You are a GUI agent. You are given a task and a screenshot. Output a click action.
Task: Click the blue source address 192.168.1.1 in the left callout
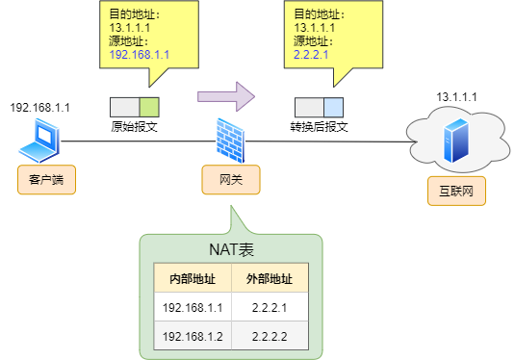pyautogui.click(x=140, y=56)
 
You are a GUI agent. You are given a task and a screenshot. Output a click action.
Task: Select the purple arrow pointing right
pyautogui.click(x=225, y=96)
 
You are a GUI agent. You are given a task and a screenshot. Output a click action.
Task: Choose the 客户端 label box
pyautogui.click(x=39, y=180)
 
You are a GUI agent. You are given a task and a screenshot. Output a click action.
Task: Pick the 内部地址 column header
pyautogui.click(x=193, y=279)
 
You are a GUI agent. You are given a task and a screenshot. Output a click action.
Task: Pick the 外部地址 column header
pyautogui.click(x=270, y=279)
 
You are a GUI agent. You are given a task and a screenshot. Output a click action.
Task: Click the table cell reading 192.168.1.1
pyautogui.click(x=193, y=308)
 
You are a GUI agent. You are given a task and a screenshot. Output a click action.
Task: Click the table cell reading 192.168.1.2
pyautogui.click(x=193, y=336)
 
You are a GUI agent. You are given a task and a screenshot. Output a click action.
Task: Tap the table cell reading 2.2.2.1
pyautogui.click(x=270, y=308)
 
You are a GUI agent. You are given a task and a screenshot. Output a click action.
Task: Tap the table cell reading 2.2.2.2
pyautogui.click(x=270, y=336)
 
